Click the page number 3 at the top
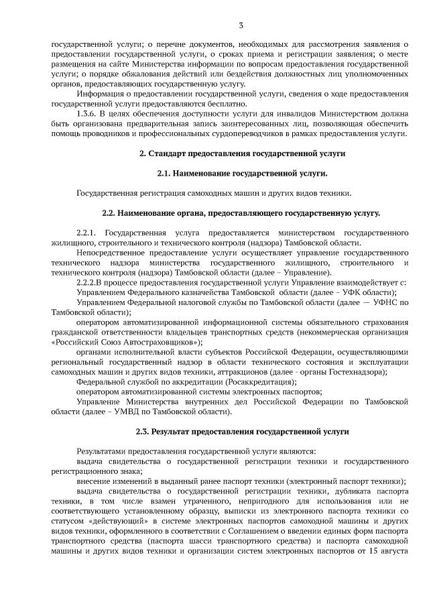click(241, 25)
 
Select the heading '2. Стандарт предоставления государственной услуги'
click(242, 154)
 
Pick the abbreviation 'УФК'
click(361, 293)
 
